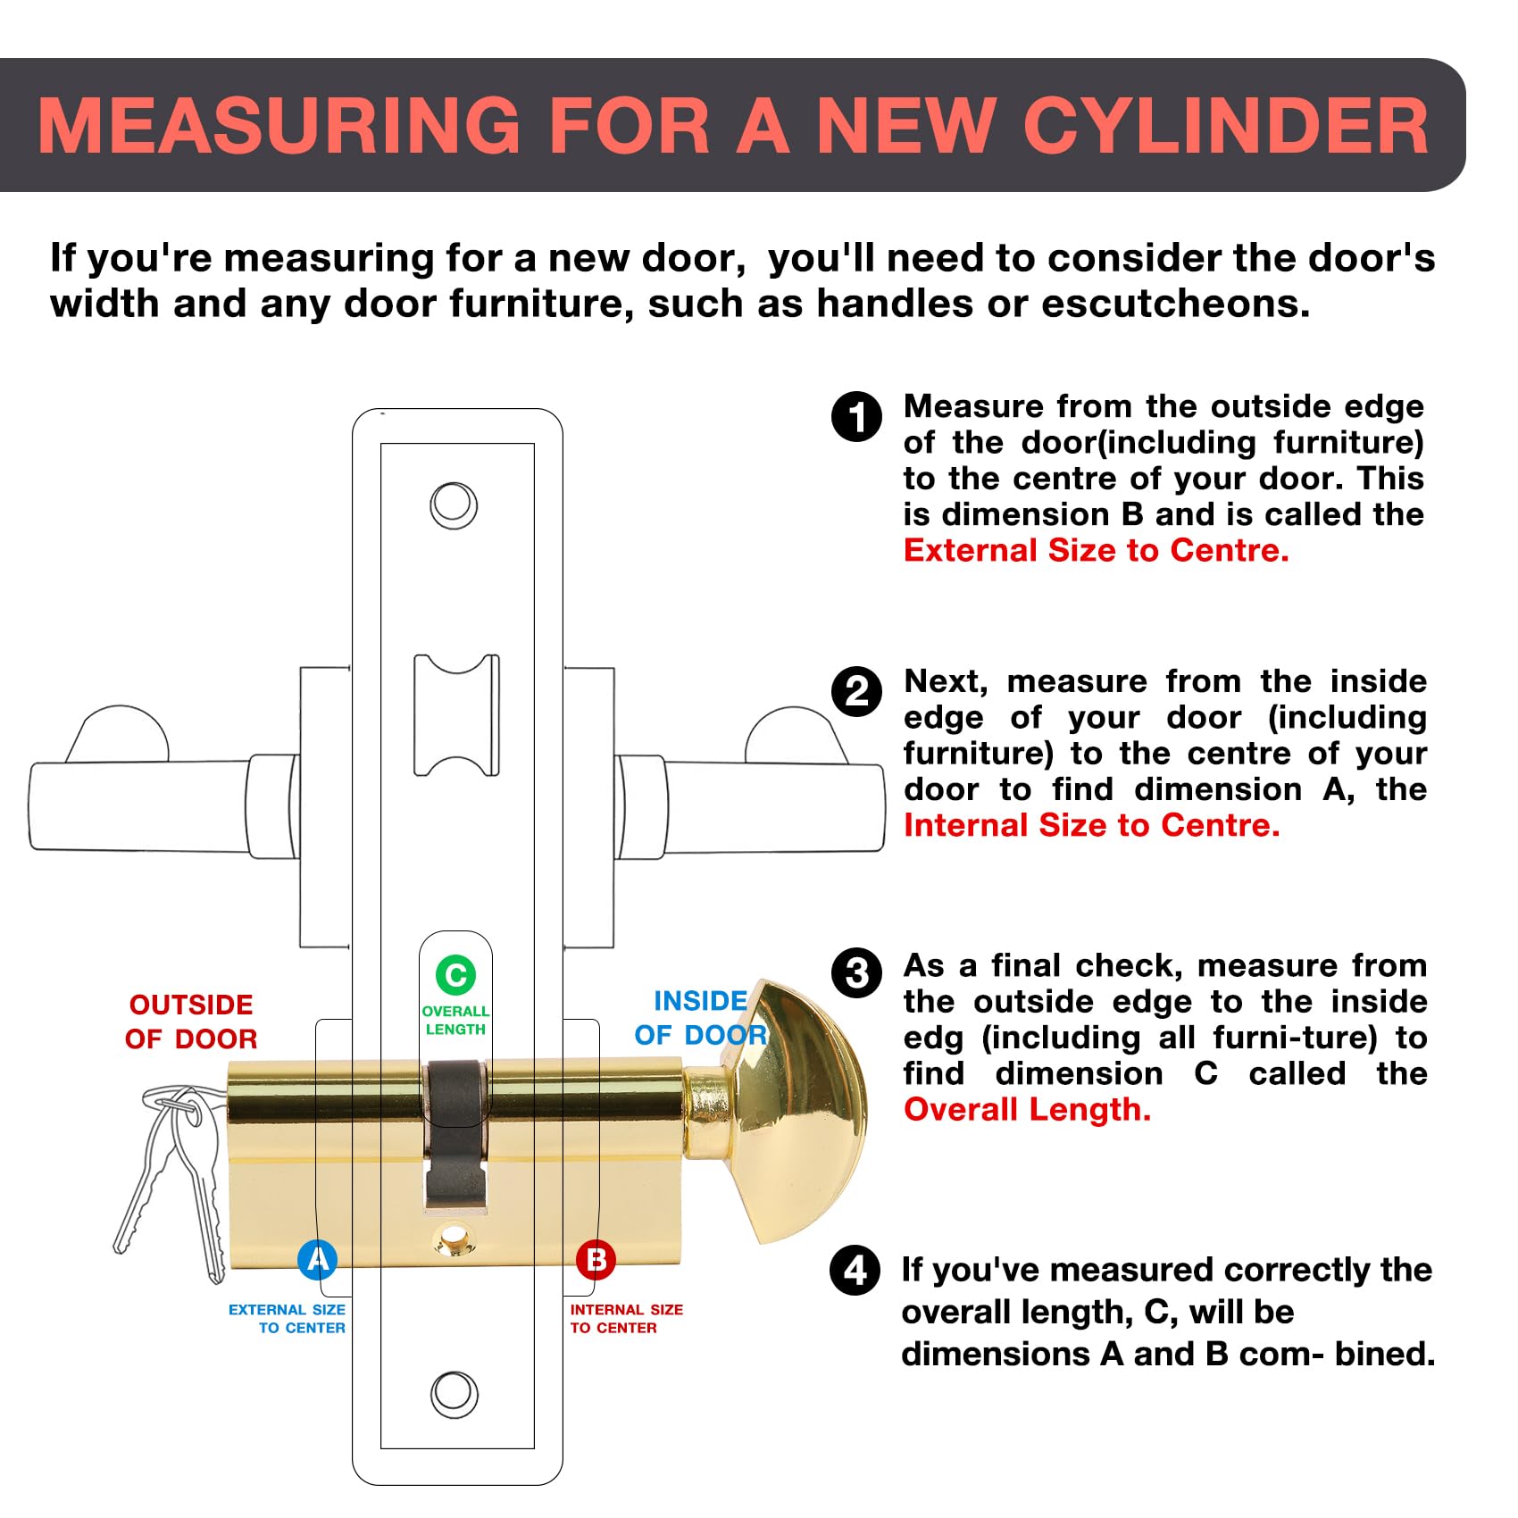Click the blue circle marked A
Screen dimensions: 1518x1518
[x=317, y=1260]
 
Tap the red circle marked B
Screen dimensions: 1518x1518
[x=596, y=1260]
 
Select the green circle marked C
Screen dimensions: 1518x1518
[x=455, y=974]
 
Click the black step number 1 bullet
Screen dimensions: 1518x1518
[x=856, y=417]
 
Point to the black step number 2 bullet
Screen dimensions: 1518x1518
[x=856, y=692]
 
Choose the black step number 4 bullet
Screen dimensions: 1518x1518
[x=855, y=1271]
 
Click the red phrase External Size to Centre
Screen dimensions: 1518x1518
[x=1097, y=550]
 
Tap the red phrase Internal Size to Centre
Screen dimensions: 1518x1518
[x=1092, y=825]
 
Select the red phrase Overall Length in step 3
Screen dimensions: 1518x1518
[x=1028, y=1110]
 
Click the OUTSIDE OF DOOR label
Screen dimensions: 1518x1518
[x=191, y=1022]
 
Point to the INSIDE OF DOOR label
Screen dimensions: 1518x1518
[x=701, y=1018]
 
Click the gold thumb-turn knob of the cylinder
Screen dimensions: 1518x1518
[x=786, y=1112]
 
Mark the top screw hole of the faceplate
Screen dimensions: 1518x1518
[x=454, y=505]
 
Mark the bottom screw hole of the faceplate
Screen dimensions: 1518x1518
[x=454, y=1394]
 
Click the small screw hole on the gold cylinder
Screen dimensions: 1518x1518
[x=454, y=1239]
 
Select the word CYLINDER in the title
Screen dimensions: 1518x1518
[x=1226, y=126]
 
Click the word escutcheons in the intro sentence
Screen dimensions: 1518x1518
[x=1176, y=304]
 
